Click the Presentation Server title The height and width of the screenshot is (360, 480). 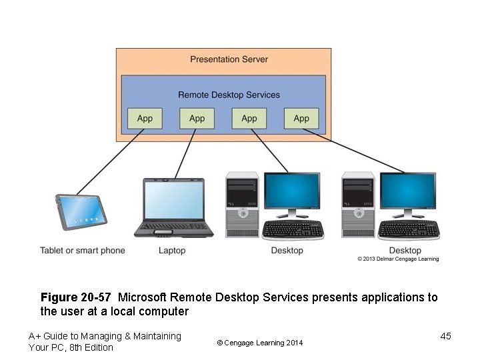[229, 59]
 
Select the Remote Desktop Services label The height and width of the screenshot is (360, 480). [229, 95]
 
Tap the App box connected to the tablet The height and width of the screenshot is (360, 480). [145, 118]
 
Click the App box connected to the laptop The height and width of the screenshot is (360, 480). [197, 118]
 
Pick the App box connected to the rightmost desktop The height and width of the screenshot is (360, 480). [301, 118]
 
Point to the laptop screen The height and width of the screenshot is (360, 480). [175, 199]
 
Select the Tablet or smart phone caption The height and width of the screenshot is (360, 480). [83, 251]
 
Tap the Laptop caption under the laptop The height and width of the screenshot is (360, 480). [172, 251]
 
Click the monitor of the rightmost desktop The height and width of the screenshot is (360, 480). [407, 191]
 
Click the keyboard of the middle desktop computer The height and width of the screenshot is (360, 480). [293, 229]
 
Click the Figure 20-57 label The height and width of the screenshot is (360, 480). [75, 297]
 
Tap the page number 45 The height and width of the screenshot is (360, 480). [446, 336]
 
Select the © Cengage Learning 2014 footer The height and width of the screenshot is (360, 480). [260, 343]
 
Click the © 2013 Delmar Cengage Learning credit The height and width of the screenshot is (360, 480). [398, 259]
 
